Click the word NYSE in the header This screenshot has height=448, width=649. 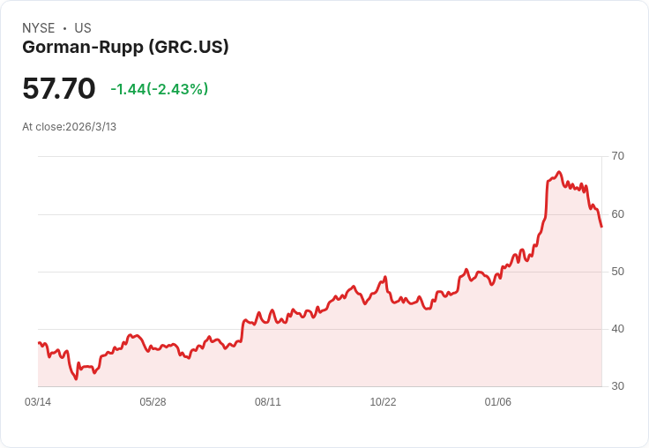pyautogui.click(x=38, y=28)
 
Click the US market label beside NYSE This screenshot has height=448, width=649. pyautogui.click(x=83, y=28)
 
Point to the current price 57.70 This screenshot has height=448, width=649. pyautogui.click(x=58, y=88)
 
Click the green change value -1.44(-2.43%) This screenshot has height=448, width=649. pyautogui.click(x=160, y=89)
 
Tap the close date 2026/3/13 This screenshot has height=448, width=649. pyautogui.click(x=91, y=127)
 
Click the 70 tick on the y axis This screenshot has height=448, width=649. pyautogui.click(x=617, y=156)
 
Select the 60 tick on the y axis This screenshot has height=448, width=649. pyautogui.click(x=617, y=214)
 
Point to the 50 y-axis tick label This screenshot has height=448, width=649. pyautogui.click(x=617, y=272)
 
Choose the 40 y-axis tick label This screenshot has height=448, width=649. pyautogui.click(x=617, y=329)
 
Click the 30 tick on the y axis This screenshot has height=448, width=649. pyautogui.click(x=617, y=386)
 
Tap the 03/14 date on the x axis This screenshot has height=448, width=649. pyautogui.click(x=38, y=402)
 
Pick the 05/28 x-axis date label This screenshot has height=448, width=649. pyautogui.click(x=153, y=402)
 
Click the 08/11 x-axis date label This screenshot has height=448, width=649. pyautogui.click(x=268, y=402)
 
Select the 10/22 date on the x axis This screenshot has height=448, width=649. pyautogui.click(x=383, y=402)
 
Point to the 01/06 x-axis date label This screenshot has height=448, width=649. pyautogui.click(x=498, y=402)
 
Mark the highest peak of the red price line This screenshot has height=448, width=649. pyautogui.click(x=559, y=172)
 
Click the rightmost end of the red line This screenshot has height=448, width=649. pyautogui.click(x=601, y=227)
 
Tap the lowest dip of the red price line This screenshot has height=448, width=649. pyautogui.click(x=77, y=379)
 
